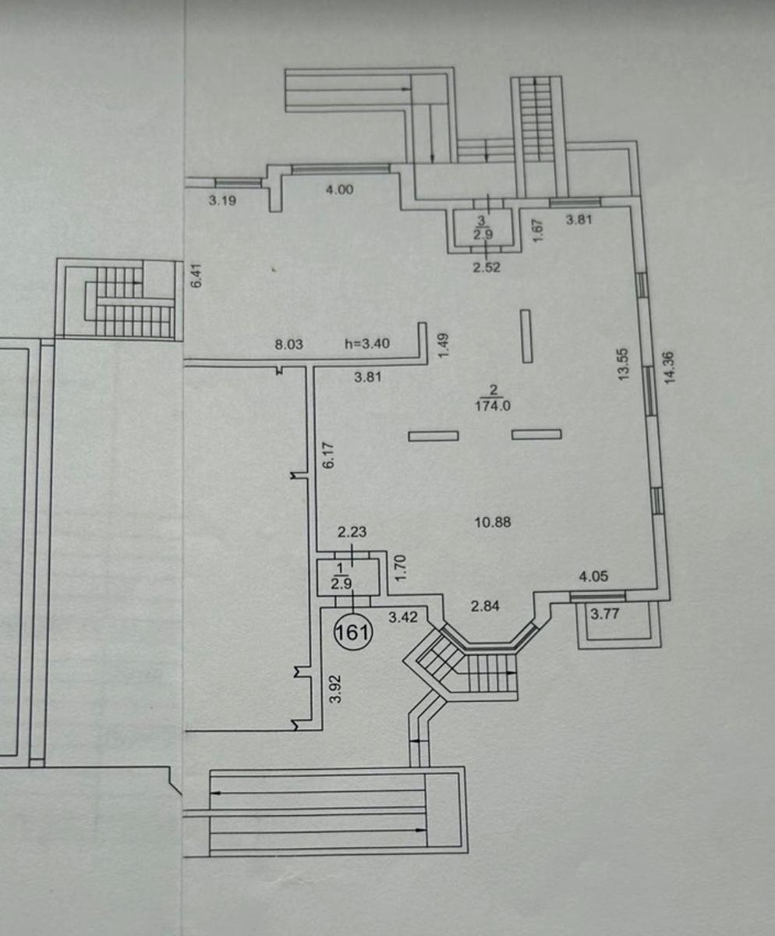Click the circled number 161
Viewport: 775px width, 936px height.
tap(353, 633)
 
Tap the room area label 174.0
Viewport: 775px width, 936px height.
tap(493, 406)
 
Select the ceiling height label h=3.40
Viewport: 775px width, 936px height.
tap(367, 344)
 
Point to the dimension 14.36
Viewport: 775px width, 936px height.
tap(669, 367)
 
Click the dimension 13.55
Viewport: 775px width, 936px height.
tap(624, 364)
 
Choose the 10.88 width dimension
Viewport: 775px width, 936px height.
tap(493, 523)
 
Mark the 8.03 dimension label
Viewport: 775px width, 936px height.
tap(288, 344)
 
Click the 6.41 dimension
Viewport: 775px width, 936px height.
tap(198, 275)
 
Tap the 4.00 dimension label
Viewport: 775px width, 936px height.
tap(339, 190)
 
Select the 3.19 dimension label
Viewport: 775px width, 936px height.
tap(222, 200)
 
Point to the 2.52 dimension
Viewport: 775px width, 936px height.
tap(487, 268)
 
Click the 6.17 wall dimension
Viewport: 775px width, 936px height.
tap(328, 456)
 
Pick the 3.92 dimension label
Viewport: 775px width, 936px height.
tap(335, 689)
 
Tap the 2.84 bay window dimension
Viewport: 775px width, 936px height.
tap(485, 607)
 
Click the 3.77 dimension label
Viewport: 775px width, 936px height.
tap(605, 614)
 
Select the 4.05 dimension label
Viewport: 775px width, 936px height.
tap(593, 576)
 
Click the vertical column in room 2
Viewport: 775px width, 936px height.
tap(526, 335)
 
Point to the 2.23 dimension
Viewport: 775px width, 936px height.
tap(352, 532)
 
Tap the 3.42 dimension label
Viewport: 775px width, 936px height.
tap(403, 617)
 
